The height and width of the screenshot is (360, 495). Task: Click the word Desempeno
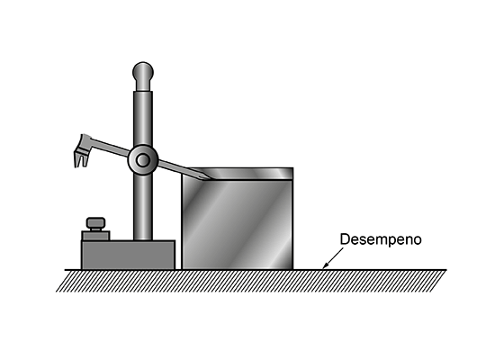(x=381, y=239)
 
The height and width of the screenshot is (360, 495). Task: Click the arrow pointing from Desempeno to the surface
(x=333, y=258)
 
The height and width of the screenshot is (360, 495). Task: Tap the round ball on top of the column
(x=143, y=72)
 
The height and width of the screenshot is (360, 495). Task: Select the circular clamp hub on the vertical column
(x=143, y=160)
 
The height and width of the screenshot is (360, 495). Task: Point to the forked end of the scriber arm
(x=81, y=151)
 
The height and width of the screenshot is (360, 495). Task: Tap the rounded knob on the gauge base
(x=96, y=223)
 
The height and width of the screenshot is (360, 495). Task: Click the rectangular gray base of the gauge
(x=128, y=255)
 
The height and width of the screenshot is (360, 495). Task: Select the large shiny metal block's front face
(x=237, y=224)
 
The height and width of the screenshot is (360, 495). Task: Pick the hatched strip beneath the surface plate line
(x=251, y=281)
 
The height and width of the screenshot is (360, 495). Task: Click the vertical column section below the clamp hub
(x=143, y=208)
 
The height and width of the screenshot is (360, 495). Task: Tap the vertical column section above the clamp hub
(x=143, y=119)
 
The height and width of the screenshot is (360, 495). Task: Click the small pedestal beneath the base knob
(x=95, y=236)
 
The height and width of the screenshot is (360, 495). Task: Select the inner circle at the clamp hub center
(x=143, y=160)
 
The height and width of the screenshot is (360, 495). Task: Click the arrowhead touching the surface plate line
(x=325, y=265)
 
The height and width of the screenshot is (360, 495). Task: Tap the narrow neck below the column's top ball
(x=143, y=85)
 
